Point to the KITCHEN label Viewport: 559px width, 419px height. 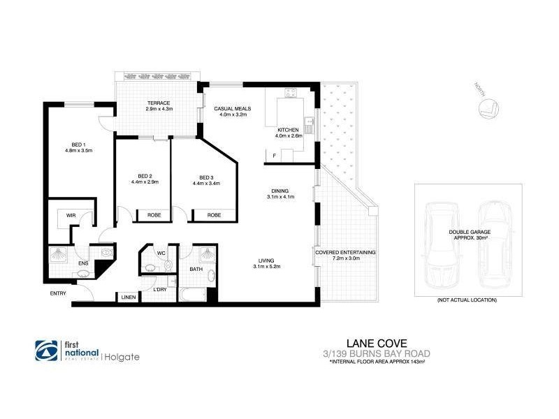pos(288,131)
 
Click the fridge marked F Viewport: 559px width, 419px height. pos(275,155)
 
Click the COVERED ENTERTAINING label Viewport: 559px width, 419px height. pos(344,252)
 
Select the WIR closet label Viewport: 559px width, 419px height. pos(71,216)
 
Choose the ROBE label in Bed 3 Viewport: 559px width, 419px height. pos(214,216)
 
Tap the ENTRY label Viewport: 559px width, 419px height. pos(57,293)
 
